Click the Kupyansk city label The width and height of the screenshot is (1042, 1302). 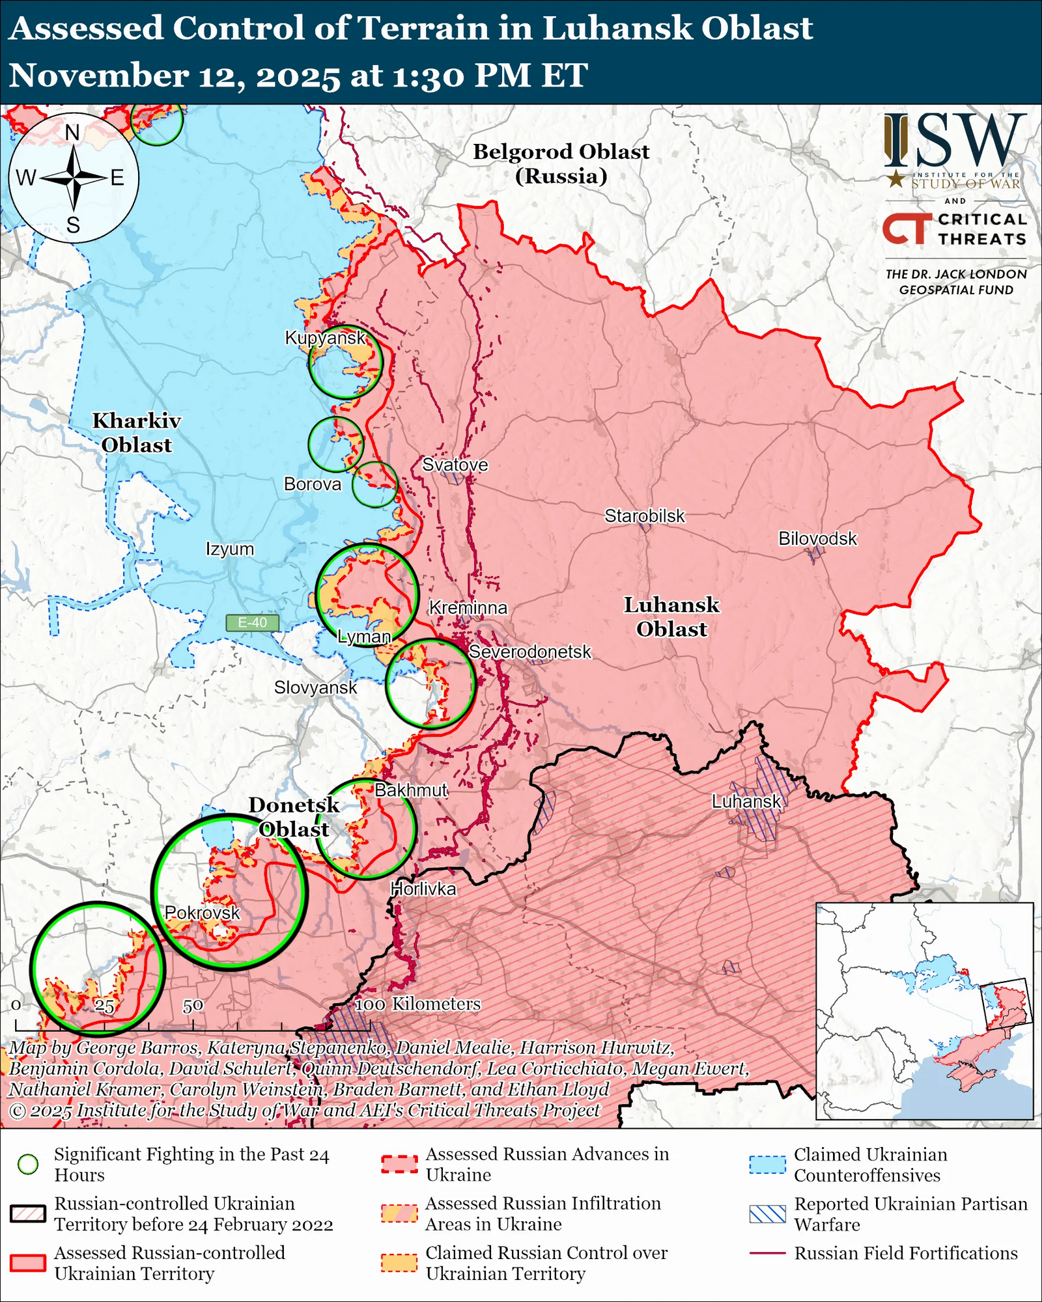325,338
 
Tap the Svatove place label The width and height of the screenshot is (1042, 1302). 455,465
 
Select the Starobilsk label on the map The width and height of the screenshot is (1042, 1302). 644,516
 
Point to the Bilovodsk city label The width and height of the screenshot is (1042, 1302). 817,538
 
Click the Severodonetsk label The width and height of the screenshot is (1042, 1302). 529,652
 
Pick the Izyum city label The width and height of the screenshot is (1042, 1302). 229,549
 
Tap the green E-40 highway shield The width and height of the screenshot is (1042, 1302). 252,622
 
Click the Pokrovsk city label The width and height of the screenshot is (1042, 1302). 202,913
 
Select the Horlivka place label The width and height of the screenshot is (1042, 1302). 423,889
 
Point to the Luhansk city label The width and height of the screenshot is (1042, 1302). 746,801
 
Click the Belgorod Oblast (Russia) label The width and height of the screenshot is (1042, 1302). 561,163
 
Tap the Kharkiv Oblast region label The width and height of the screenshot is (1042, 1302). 137,433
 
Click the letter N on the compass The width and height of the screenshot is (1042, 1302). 72,132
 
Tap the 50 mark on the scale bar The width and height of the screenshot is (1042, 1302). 193,1006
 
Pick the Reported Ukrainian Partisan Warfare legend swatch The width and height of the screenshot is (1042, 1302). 767,1214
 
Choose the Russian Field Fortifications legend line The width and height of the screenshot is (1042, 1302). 767,1253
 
